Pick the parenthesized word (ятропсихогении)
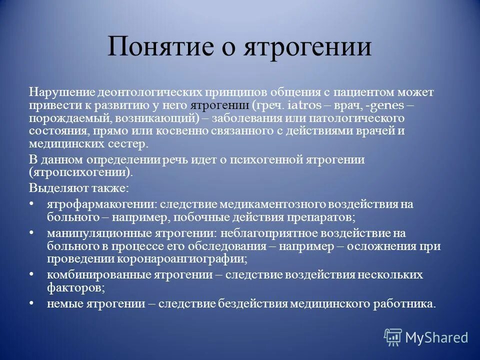(81, 172)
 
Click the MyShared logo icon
(393, 337)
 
